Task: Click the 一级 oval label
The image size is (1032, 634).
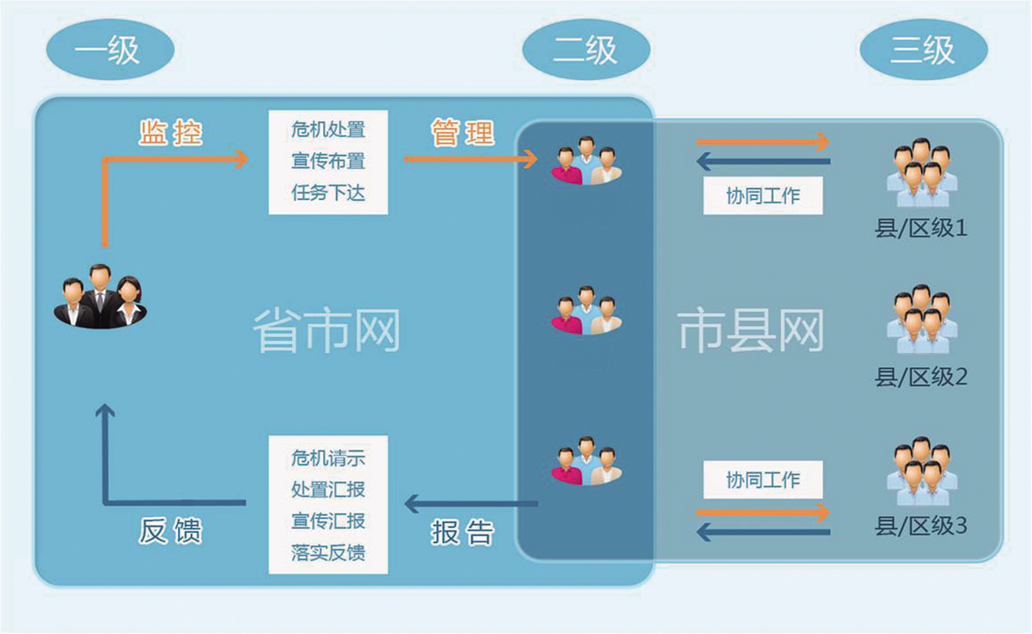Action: [x=110, y=50]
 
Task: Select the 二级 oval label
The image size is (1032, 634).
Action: [x=586, y=50]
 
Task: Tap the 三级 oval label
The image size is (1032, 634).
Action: [x=923, y=50]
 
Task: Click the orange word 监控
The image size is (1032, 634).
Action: [x=171, y=133]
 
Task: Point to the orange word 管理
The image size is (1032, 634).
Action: [x=462, y=133]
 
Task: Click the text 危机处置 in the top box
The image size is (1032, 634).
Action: [x=328, y=130]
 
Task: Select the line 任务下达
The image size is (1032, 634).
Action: [x=328, y=192]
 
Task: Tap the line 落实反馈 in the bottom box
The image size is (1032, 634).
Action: [x=328, y=552]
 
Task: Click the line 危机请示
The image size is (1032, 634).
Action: [x=328, y=458]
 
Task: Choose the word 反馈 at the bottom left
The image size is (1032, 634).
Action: [x=171, y=531]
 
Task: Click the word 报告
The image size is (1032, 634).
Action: [x=462, y=533]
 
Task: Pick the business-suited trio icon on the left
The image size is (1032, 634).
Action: [x=100, y=297]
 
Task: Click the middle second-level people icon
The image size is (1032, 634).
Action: [x=586, y=311]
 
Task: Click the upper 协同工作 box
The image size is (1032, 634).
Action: [x=762, y=196]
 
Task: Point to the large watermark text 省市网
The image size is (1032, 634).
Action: [x=326, y=331]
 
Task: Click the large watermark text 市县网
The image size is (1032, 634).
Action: [x=751, y=331]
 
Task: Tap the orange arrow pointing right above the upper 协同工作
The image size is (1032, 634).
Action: [x=762, y=142]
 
